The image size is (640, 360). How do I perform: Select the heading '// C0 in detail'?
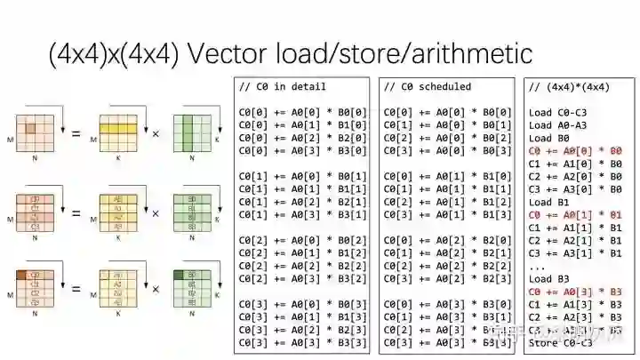click(283, 86)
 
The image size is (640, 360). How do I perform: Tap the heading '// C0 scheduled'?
click(428, 86)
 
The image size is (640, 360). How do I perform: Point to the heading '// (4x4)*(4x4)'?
click(569, 86)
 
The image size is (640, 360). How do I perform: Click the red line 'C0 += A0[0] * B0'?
click(575, 151)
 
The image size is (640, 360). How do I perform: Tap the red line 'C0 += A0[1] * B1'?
click(575, 214)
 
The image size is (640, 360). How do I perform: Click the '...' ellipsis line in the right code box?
click(537, 266)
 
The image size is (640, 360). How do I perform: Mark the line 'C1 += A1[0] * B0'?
click(575, 164)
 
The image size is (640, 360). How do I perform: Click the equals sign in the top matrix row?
click(76, 134)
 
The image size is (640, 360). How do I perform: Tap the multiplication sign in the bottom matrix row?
click(156, 289)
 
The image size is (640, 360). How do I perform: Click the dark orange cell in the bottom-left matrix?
click(24, 275)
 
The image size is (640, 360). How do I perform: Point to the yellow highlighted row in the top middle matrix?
click(116, 128)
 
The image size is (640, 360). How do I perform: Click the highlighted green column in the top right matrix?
click(189, 135)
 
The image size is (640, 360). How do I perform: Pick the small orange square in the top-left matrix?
click(30, 129)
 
